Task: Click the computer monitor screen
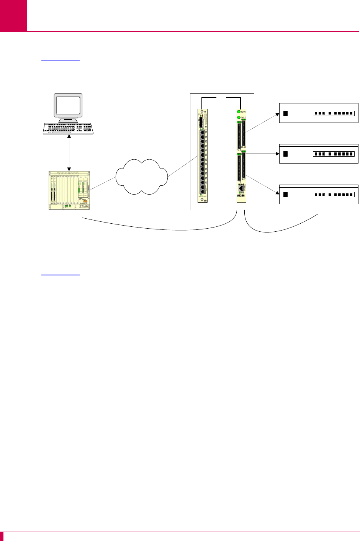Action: [68, 105]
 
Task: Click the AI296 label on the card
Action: [241, 195]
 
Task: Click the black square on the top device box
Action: [285, 113]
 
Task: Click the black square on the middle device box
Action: [285, 154]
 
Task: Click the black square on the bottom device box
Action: [285, 195]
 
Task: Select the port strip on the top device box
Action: [334, 113]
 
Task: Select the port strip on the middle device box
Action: [334, 154]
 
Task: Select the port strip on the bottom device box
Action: [334, 195]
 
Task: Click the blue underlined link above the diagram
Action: [60, 61]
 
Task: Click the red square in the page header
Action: [13, 15]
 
